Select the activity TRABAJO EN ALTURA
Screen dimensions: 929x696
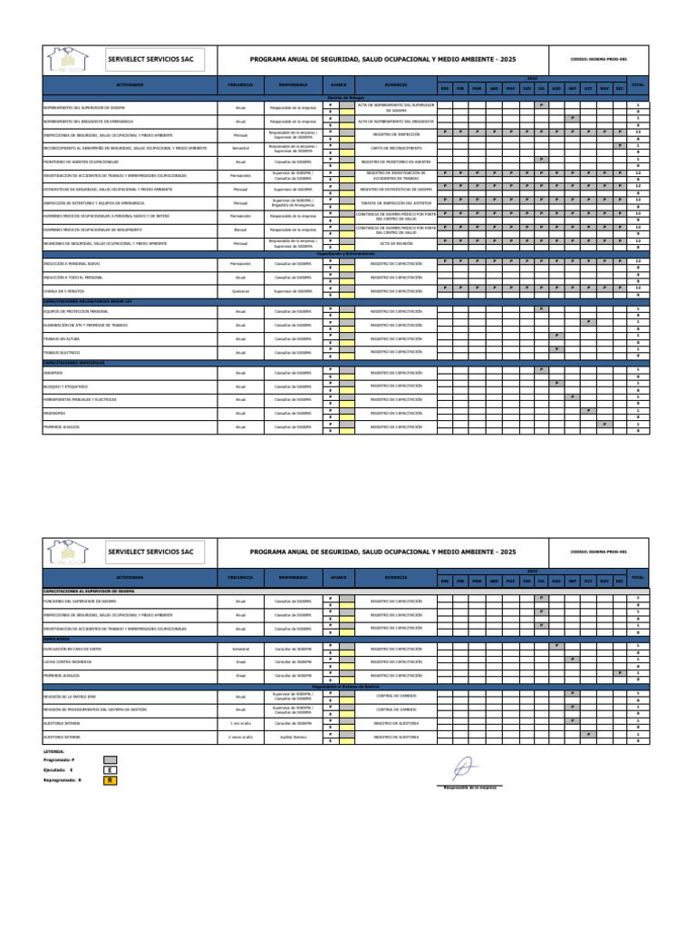[x=58, y=338]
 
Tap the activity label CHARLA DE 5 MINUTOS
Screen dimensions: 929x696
[x=62, y=291]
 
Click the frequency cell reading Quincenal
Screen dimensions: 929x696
[x=240, y=291]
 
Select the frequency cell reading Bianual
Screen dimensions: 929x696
[x=240, y=230]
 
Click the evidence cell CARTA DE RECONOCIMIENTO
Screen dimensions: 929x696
[x=396, y=148]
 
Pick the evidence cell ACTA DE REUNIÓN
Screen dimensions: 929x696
[x=396, y=243]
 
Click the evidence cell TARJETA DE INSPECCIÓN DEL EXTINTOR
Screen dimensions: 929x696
[x=396, y=202]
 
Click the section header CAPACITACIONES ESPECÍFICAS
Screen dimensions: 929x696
[x=74, y=362]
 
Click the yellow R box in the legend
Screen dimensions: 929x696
[x=110, y=779]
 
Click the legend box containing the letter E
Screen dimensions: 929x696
[x=110, y=769]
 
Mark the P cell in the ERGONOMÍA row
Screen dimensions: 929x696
[x=587, y=410]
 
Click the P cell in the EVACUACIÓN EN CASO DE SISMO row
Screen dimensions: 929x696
[x=556, y=645]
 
